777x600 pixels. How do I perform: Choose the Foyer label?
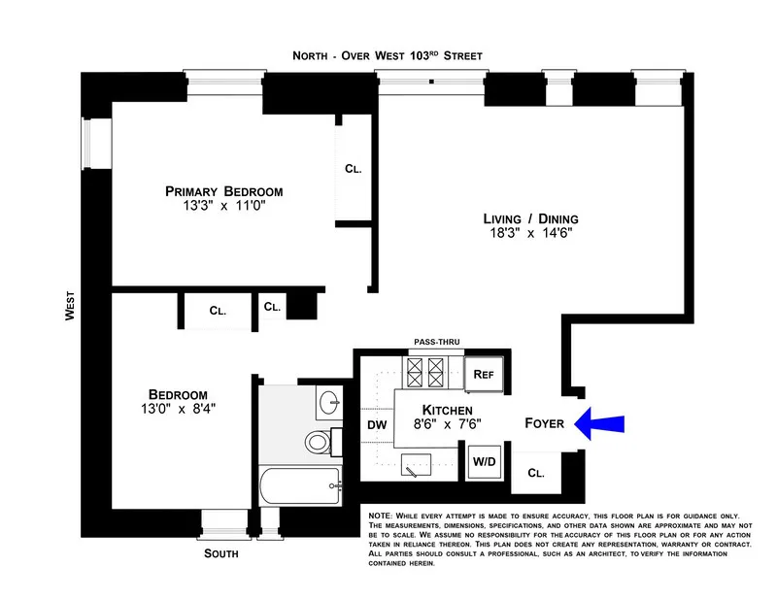pos(544,423)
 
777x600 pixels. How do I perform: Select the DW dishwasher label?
pos(377,424)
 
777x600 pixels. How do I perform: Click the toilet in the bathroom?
pos(319,442)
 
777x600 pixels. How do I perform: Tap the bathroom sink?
pos(329,400)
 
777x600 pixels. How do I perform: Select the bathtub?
pos(301,483)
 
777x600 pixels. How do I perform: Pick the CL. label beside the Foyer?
pos(536,473)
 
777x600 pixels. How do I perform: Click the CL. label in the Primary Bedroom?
pos(353,169)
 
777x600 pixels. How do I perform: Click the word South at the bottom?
pos(220,554)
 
